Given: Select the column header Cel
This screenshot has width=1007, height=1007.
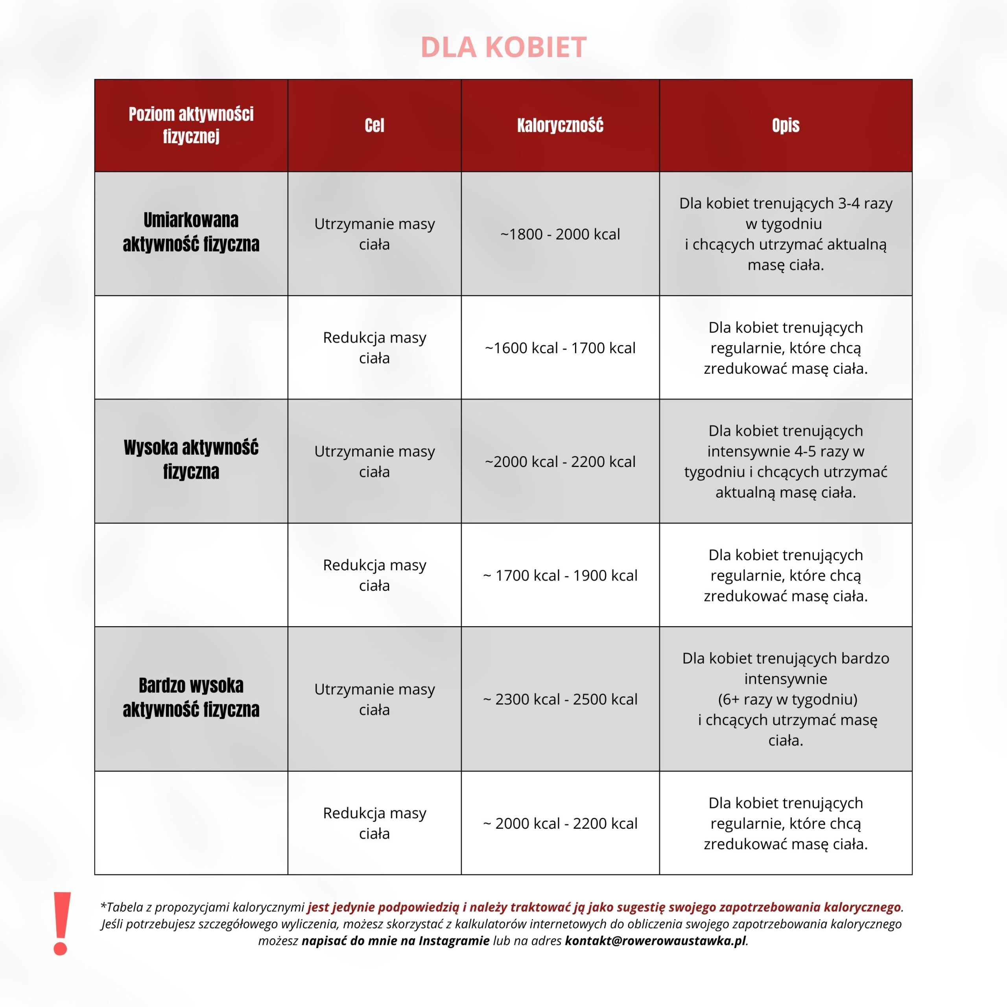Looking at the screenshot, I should click(374, 125).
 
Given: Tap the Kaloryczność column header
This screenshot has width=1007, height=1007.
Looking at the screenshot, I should click(560, 125).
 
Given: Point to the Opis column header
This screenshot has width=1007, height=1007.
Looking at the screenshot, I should click(786, 125).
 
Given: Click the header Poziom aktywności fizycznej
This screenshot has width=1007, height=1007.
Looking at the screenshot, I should click(191, 125).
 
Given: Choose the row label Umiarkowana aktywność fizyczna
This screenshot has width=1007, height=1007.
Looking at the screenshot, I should click(191, 232).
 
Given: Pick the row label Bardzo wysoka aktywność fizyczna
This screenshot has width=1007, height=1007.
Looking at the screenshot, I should click(191, 697).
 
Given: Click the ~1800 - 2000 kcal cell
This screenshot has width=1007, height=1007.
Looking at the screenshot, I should click(560, 234).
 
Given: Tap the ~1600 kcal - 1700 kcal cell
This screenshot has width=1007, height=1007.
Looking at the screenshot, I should click(560, 348).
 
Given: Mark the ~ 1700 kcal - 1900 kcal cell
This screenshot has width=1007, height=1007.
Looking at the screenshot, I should click(560, 575).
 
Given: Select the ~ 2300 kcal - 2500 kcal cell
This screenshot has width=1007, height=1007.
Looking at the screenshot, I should click(560, 699).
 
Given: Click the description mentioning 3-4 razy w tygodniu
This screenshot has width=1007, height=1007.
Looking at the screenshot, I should click(786, 234).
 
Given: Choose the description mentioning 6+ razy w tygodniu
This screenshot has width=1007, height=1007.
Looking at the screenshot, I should click(786, 699).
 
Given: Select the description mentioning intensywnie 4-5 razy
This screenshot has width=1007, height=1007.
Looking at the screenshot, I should click(786, 461).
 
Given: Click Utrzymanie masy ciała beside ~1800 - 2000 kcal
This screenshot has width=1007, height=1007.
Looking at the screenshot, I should click(374, 234).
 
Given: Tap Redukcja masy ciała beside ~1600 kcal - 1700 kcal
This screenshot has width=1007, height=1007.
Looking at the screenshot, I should click(374, 348).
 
